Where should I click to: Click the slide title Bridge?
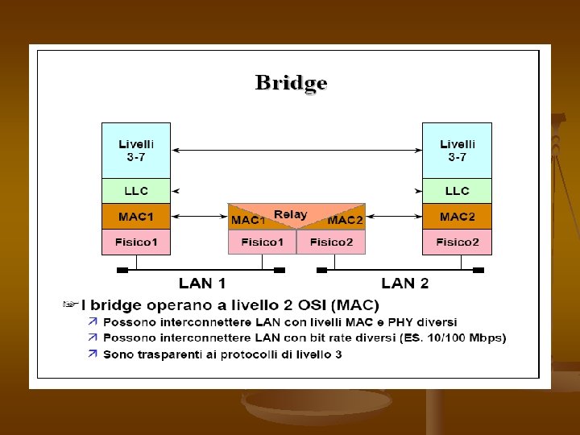coord(291,83)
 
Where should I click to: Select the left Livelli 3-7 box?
coord(136,150)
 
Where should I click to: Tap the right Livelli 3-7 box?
coord(457,150)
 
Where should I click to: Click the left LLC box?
coord(136,191)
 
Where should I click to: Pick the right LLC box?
coord(457,191)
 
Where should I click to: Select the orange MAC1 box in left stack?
coord(136,217)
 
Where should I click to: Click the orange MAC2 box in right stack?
coord(457,217)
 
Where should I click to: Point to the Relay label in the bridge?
coord(290,214)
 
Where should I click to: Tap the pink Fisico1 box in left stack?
coord(136,242)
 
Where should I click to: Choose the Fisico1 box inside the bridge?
coord(262,242)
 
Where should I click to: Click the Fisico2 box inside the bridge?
coord(331,242)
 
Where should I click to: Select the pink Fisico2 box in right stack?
coord(457,242)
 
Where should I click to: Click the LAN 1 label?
coord(201,283)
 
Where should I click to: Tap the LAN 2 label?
coord(404,283)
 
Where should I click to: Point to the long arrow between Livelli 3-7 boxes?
coord(296,150)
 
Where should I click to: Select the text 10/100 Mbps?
coord(469,338)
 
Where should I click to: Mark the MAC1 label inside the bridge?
coord(248,220)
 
